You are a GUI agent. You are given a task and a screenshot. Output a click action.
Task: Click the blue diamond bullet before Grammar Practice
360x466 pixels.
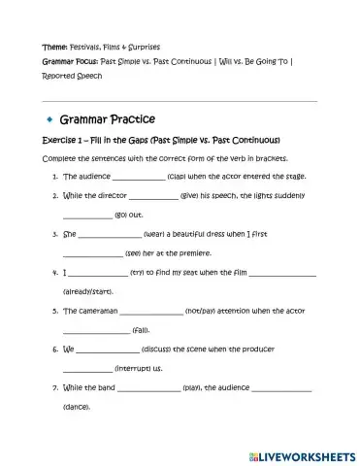click(47, 118)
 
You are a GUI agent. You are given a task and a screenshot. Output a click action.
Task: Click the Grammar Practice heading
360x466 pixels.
click(107, 119)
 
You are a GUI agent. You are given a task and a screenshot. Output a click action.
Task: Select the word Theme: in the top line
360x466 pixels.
click(54, 46)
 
